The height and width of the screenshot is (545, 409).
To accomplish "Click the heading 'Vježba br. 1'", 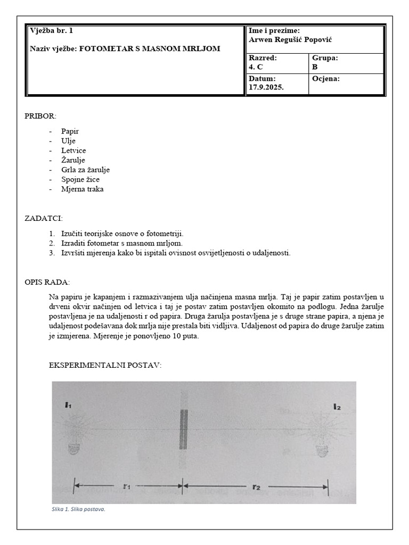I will (52, 31).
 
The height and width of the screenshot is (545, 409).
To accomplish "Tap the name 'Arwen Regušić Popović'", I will (290, 40).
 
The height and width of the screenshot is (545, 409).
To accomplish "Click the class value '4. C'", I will (256, 67).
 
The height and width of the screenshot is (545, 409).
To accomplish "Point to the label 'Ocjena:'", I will (325, 79).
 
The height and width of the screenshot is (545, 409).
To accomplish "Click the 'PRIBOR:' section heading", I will (40, 116).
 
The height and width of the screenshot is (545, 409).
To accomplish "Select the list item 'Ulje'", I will (69, 141).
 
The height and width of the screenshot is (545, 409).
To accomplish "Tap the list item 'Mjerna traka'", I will (82, 189).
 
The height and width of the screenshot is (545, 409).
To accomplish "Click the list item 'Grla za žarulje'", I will (85, 169).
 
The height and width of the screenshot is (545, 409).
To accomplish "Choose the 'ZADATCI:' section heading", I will (44, 218).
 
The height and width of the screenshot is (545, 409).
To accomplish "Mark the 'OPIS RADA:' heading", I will (47, 282).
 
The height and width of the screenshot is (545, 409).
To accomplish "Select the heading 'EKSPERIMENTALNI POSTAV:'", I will (105, 366).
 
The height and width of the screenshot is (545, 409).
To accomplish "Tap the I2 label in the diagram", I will (337, 407).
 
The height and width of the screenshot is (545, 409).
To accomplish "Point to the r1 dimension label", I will (127, 485).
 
